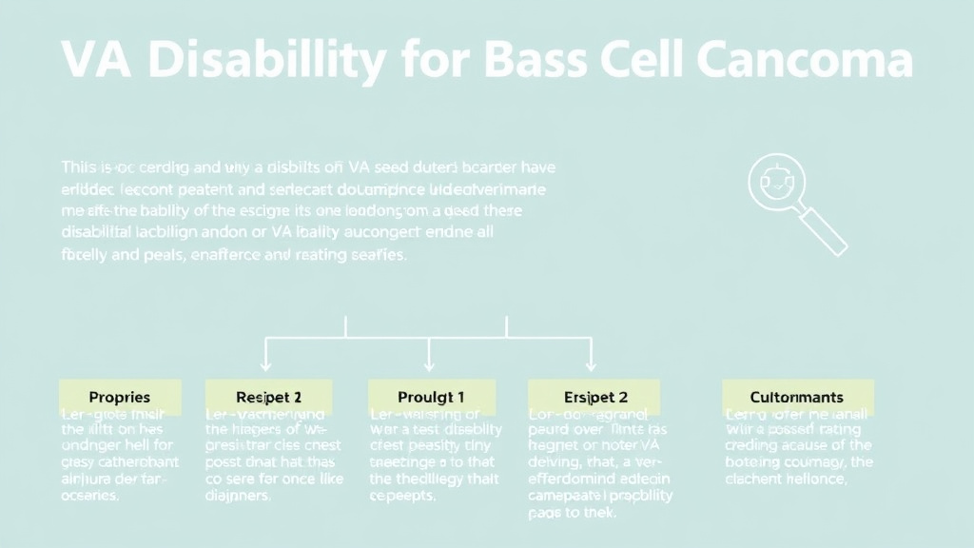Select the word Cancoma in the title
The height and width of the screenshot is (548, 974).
(804, 60)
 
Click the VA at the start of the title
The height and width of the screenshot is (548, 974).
(99, 60)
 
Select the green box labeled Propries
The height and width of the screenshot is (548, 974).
(119, 396)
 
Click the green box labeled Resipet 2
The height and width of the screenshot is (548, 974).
(268, 396)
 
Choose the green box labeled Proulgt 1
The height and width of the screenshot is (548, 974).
(430, 396)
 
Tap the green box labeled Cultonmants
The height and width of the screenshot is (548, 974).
(796, 396)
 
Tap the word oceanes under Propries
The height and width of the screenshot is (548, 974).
(91, 497)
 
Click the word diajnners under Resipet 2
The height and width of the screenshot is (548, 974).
(239, 497)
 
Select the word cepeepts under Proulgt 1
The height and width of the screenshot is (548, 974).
(401, 497)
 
